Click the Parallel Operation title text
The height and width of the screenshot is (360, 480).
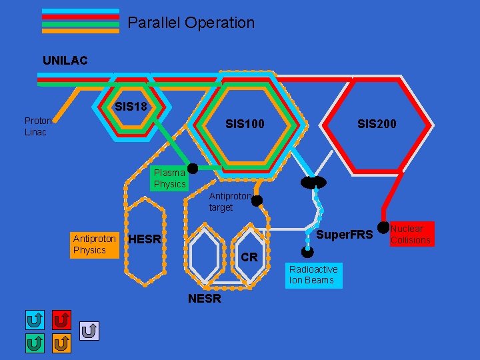191,23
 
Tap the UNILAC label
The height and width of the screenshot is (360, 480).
65,61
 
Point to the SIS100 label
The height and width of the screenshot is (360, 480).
245,124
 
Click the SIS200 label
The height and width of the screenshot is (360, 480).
377,124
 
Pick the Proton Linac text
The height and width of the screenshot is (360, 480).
37,126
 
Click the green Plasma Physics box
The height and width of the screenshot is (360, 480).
169,178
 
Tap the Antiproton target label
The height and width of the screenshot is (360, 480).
229,202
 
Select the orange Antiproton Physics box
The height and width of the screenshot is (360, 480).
94,244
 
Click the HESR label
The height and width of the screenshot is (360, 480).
144,239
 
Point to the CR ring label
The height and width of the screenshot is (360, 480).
249,257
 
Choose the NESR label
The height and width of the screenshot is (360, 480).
204,299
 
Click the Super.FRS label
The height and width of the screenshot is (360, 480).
344,235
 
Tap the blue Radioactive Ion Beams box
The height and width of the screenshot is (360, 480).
313,275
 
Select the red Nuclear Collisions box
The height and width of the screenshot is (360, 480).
411,234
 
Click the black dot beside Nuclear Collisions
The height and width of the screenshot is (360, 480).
383,228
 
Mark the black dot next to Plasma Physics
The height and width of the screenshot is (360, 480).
193,168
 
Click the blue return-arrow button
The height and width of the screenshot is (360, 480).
35,321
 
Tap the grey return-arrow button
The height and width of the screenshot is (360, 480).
89,329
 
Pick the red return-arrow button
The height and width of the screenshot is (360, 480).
61,321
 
